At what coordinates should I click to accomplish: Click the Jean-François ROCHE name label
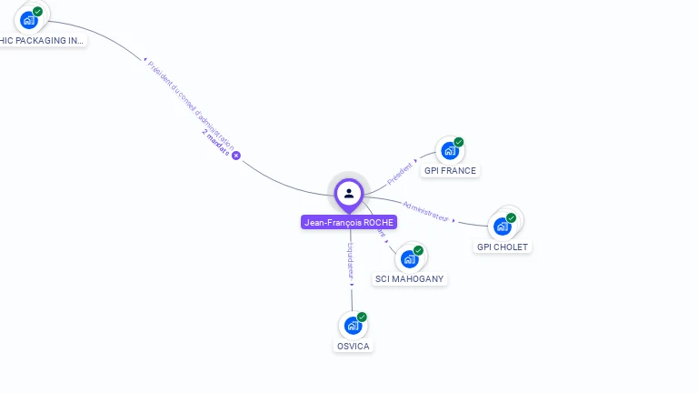click(x=349, y=223)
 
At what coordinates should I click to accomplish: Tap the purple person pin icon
click(x=349, y=193)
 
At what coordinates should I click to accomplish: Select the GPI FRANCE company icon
click(x=449, y=151)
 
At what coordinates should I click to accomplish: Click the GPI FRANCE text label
click(x=450, y=171)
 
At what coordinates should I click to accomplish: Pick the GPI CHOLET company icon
click(x=502, y=227)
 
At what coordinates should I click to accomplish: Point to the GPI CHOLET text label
click(x=503, y=247)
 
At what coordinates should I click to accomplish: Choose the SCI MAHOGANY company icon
click(x=410, y=259)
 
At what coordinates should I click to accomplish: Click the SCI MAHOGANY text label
click(x=411, y=279)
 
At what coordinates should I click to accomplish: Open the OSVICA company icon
click(x=353, y=326)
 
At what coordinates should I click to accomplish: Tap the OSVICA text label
click(x=354, y=347)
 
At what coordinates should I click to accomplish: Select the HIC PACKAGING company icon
click(x=29, y=20)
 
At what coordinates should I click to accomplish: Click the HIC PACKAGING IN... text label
click(x=42, y=40)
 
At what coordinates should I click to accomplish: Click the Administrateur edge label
click(x=426, y=210)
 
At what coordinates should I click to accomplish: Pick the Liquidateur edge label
click(x=351, y=262)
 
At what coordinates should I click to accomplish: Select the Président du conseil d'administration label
click(x=191, y=105)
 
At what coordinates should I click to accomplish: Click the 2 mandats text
click(x=215, y=143)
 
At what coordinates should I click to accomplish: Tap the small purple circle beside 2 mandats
click(x=236, y=156)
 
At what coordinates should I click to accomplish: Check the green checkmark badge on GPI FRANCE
click(x=459, y=142)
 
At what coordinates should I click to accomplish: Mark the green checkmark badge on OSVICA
click(x=362, y=317)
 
